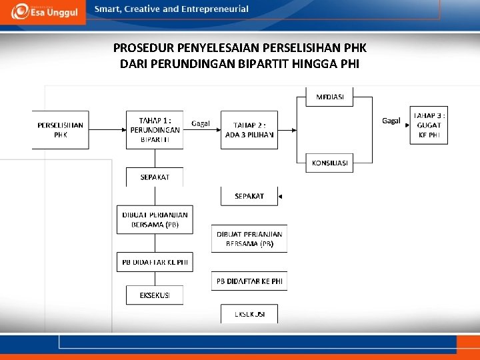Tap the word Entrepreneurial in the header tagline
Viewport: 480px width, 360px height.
[215, 9]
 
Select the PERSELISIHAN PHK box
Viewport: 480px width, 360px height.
[61, 129]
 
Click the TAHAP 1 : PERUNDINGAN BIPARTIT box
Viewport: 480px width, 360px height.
[155, 129]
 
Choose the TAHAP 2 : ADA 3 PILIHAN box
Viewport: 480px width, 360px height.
[249, 129]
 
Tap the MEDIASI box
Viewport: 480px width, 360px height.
[329, 97]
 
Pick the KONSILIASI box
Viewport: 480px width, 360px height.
[329, 163]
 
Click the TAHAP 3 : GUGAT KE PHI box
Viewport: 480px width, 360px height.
[429, 125]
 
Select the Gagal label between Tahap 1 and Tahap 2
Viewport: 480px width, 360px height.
[201, 123]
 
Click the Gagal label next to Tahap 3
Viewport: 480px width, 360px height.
[391, 121]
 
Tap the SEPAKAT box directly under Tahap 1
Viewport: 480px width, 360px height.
[155, 177]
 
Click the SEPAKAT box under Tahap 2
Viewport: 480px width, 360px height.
[249, 196]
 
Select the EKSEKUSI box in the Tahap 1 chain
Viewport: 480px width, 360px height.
[155, 295]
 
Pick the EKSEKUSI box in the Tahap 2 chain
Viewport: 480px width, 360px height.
[249, 313]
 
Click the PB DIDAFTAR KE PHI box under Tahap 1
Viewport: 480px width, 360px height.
[155, 263]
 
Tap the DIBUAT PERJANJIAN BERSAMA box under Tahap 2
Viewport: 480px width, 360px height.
[249, 239]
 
